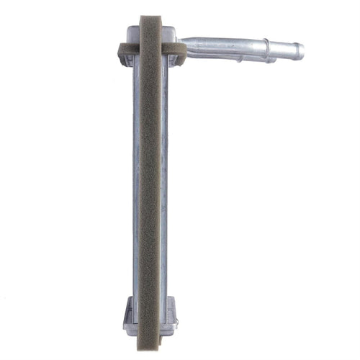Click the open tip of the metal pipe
point(302,51)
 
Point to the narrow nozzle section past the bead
point(286,50)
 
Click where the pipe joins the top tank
point(181,44)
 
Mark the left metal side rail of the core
point(136,180)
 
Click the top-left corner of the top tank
point(127,27)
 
